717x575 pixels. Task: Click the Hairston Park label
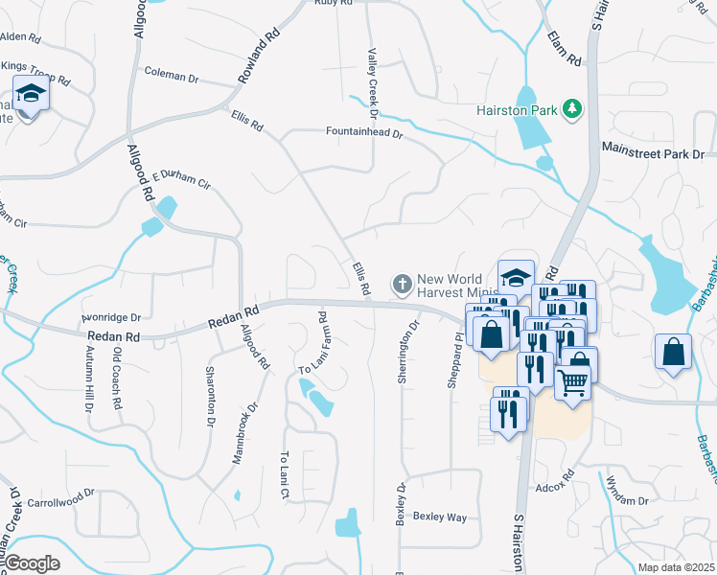click(518, 110)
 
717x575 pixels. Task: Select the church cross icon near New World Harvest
click(402, 284)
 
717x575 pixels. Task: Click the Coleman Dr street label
click(171, 72)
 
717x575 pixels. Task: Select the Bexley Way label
click(439, 517)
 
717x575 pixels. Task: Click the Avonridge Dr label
click(110, 317)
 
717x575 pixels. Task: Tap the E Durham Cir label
click(180, 179)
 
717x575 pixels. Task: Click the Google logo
click(32, 563)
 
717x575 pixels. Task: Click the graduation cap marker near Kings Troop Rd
click(31, 94)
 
